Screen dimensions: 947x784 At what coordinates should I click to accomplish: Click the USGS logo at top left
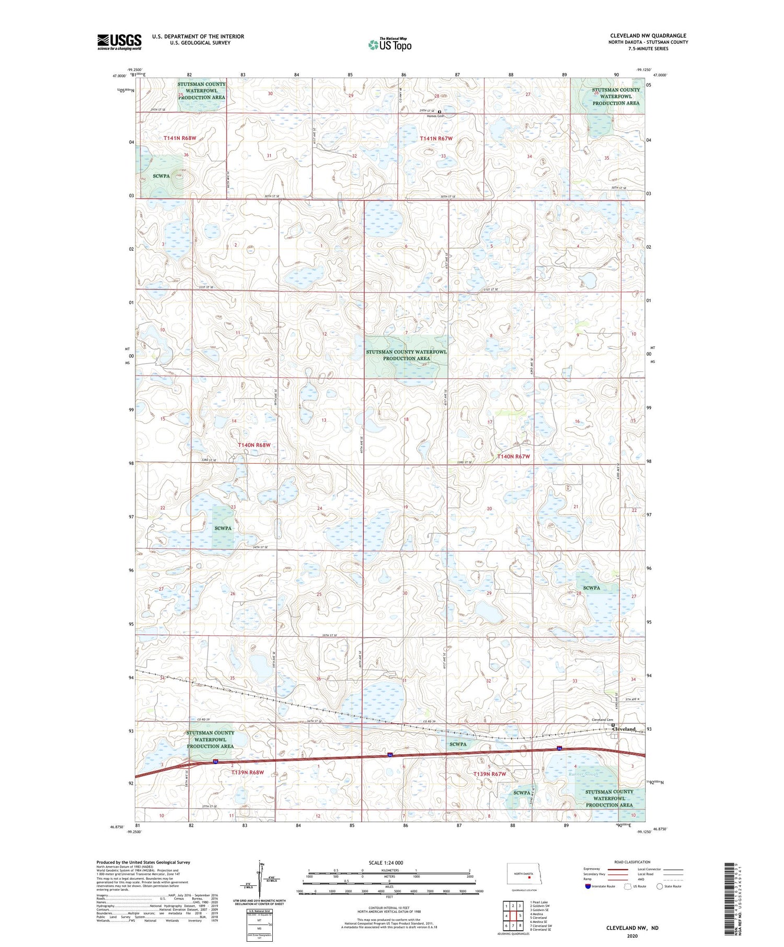(x=119, y=42)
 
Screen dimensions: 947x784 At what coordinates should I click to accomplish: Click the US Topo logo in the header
(x=390, y=45)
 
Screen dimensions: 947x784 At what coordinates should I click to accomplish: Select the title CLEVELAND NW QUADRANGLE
(x=648, y=36)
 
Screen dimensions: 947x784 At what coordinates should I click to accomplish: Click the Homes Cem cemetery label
(x=435, y=116)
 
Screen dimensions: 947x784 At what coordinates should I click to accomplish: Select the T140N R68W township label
(x=254, y=445)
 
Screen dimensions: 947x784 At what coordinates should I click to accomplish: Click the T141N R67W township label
(x=436, y=138)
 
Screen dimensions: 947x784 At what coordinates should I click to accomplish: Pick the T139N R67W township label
(x=489, y=774)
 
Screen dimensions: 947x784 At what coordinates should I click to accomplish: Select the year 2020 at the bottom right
(x=632, y=936)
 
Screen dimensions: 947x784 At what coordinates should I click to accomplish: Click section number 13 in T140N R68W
(x=324, y=420)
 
